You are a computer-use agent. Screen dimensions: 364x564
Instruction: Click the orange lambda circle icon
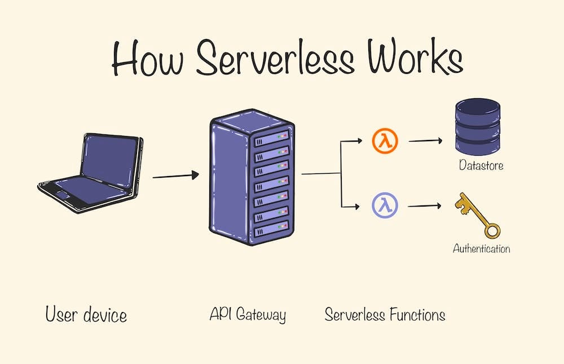(x=385, y=141)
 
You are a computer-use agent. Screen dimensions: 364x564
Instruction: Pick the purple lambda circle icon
(x=385, y=205)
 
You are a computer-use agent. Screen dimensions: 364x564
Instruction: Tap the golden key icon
(x=478, y=215)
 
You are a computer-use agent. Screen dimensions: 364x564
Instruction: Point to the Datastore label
(x=481, y=166)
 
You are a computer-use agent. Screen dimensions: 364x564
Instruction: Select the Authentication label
(x=481, y=248)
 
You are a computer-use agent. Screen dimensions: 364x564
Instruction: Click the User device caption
(x=86, y=315)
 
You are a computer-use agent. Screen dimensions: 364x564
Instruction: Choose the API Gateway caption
(x=248, y=315)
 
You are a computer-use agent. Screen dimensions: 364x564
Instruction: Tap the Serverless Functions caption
(x=385, y=315)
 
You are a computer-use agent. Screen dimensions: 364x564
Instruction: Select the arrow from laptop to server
(x=175, y=176)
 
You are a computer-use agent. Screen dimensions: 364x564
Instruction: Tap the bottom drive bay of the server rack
(x=272, y=230)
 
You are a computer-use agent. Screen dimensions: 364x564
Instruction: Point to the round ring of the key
(x=492, y=230)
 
